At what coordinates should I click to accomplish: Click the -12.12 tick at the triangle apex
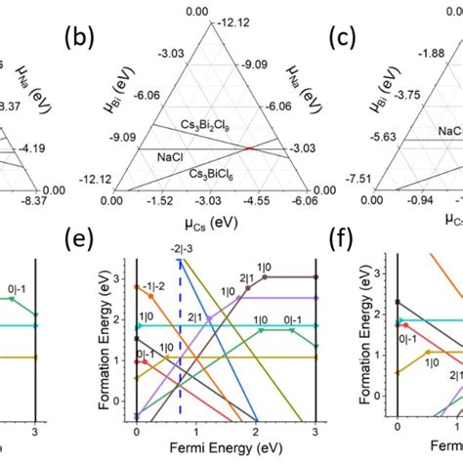coord(231,21)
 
